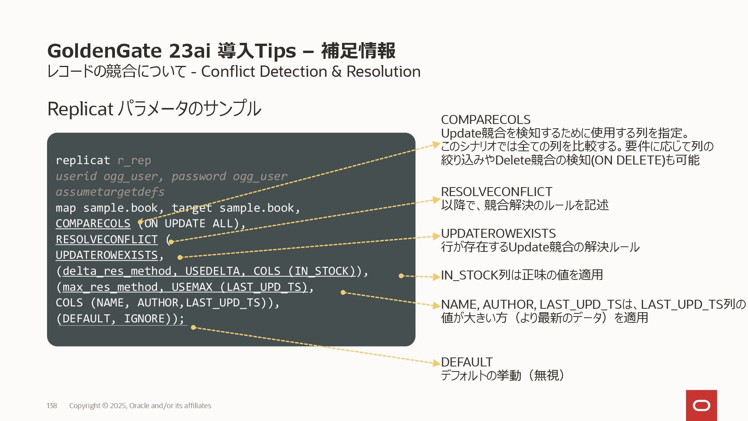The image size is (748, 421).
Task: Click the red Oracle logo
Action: click(x=701, y=405)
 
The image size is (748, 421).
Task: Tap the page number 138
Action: click(x=52, y=406)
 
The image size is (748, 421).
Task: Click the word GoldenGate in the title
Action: click(x=104, y=51)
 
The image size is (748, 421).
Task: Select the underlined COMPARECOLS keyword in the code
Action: click(x=93, y=223)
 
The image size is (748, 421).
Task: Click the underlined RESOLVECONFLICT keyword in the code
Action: click(x=107, y=239)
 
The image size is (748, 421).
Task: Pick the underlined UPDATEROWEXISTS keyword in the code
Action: click(x=107, y=255)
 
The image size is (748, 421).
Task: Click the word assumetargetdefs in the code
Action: click(x=110, y=192)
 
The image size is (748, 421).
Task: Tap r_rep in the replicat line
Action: click(x=134, y=160)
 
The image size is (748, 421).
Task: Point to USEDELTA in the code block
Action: click(x=212, y=271)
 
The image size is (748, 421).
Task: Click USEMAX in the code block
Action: click(x=192, y=287)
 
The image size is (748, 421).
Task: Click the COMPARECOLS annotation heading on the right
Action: click(x=485, y=120)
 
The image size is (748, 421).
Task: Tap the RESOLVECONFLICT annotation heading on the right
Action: click(x=496, y=192)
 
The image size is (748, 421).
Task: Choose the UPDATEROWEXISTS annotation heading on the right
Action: click(x=498, y=233)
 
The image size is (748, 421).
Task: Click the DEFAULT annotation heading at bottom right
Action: click(x=467, y=362)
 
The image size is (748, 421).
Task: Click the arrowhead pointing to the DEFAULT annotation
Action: click(x=437, y=363)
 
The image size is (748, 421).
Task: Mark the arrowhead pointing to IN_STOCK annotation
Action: click(x=437, y=277)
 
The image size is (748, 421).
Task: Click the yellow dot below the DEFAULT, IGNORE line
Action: click(x=193, y=327)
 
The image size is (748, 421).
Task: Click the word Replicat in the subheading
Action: click(x=80, y=109)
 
